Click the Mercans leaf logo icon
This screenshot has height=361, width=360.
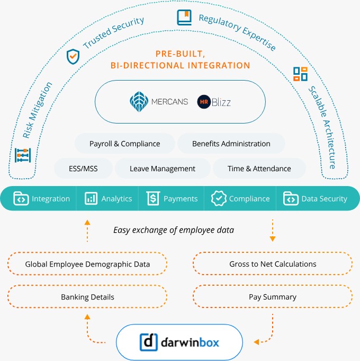pos(140,101)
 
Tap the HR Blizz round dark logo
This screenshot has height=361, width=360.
pos(204,101)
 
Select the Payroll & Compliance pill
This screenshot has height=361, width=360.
pos(124,144)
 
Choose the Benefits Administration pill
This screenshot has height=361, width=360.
pos(231,144)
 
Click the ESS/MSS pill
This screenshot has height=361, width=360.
pos(83,169)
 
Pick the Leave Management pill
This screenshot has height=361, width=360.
pos(162,169)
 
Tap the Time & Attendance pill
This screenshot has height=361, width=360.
pos(259,169)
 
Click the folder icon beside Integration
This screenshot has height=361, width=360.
pos(21,199)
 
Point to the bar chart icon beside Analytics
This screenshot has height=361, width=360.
pos(91,199)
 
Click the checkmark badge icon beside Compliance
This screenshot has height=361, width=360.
pos(218,199)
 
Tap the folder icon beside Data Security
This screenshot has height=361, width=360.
pos(291,199)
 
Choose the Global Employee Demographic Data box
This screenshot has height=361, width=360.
pos(87,264)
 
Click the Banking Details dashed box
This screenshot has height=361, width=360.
pos(87,297)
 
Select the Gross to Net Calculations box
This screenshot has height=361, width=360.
pos(273,264)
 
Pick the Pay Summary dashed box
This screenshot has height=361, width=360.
pos(273,297)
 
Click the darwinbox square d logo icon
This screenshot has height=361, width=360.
pos(149,341)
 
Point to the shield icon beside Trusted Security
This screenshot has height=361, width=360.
pos(73,56)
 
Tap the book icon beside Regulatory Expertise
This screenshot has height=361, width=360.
pos(184,18)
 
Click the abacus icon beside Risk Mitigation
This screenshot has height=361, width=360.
pos(22,155)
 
